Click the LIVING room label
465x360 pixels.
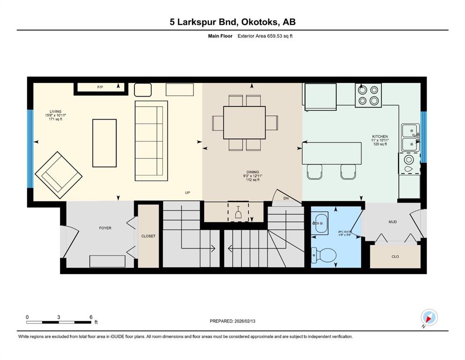pos(56,112)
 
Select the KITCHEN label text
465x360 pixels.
pos(380,136)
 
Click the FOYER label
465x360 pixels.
pos(105,228)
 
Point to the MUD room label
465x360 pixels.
pos(392,222)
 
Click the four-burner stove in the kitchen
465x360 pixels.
pos(368,95)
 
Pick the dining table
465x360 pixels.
pos(244,123)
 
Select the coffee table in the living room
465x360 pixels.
pos(104,142)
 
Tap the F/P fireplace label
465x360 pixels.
pos(100,87)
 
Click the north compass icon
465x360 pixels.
pos(429,318)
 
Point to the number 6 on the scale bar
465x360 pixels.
pos(90,316)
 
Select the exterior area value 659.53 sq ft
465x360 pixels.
pos(280,36)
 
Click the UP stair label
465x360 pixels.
pos(187,193)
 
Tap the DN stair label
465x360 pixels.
pos(286,198)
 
